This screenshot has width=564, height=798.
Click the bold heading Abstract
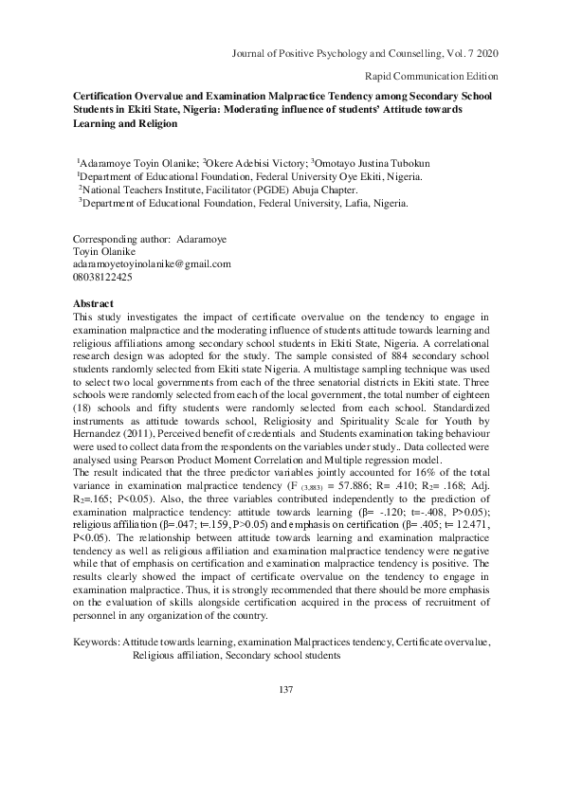pyautogui.click(x=94, y=303)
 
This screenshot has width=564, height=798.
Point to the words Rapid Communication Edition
pyautogui.click(x=431, y=75)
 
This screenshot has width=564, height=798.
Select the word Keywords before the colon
pyautogui.click(x=97, y=643)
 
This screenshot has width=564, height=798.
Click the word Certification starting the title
pyautogui.click(x=107, y=97)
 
